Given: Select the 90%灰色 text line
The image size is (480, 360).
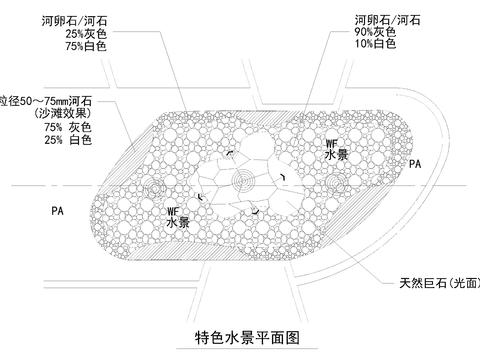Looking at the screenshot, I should coord(377,32).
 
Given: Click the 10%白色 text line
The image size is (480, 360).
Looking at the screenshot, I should coord(377,45).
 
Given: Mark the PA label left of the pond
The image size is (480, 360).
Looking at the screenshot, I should coord(57,212).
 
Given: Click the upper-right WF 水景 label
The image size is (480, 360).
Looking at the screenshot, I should coord(335,151).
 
